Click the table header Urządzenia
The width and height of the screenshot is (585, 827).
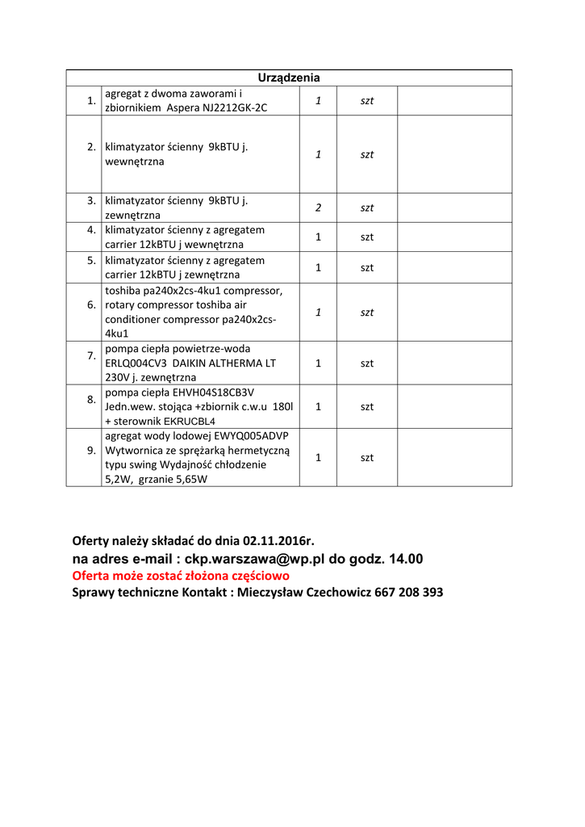(289, 78)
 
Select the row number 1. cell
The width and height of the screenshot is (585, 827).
(91, 100)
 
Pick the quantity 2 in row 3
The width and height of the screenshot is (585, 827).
(318, 208)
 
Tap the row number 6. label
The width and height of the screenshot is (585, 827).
(91, 304)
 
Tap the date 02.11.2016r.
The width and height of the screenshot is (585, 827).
(278, 540)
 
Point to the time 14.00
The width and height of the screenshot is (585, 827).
(405, 558)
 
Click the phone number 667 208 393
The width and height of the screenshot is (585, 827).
(409, 592)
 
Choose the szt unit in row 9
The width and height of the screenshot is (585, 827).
(367, 457)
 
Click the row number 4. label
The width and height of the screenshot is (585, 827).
(91, 229)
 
